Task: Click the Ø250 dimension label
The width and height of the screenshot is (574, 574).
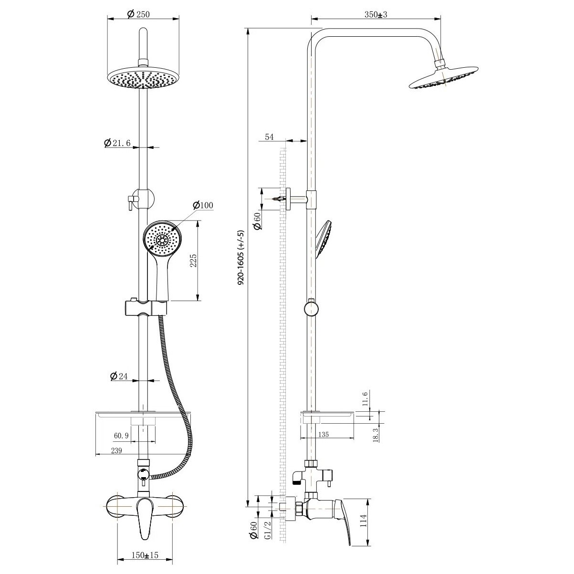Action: (x=138, y=14)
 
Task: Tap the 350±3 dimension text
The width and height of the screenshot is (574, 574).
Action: (x=376, y=15)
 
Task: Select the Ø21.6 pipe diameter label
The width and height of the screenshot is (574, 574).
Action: (x=117, y=143)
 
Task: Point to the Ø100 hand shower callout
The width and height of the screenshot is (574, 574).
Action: (x=203, y=205)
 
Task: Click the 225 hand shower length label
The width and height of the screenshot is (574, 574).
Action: (x=194, y=261)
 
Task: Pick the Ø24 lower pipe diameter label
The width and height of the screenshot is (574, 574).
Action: (x=119, y=376)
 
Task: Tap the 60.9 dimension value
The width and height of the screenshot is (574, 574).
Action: (x=121, y=436)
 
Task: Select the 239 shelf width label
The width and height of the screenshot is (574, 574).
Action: (x=116, y=450)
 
